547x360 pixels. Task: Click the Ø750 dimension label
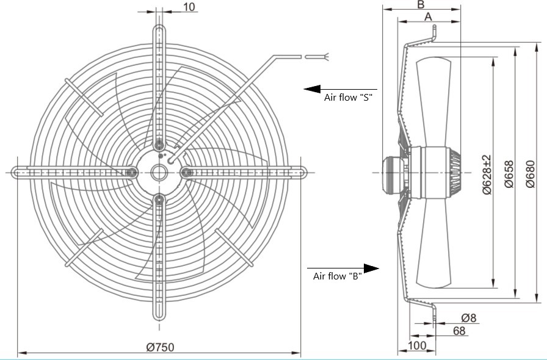(x=160, y=347)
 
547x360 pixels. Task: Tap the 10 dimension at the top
(x=189, y=6)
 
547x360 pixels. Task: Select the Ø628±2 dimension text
(x=487, y=175)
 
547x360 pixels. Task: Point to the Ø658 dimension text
(x=509, y=174)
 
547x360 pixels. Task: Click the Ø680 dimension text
(x=531, y=174)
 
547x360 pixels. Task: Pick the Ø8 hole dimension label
(x=468, y=318)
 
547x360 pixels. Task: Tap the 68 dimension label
(x=459, y=330)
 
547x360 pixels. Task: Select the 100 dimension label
(x=417, y=345)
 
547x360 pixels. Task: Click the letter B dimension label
(x=421, y=4)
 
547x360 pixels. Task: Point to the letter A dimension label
(x=429, y=16)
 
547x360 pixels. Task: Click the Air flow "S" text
(x=348, y=98)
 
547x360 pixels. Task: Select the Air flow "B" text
(x=338, y=276)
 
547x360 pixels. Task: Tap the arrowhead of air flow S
(x=312, y=89)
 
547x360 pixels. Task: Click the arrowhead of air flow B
(x=371, y=268)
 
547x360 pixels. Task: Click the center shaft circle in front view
(x=159, y=172)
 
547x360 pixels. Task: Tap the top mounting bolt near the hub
(x=159, y=145)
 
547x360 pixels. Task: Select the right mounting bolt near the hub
(x=186, y=172)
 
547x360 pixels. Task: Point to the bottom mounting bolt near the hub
(x=159, y=200)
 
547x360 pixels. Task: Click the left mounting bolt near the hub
(x=132, y=172)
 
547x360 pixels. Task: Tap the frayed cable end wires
(x=327, y=57)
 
